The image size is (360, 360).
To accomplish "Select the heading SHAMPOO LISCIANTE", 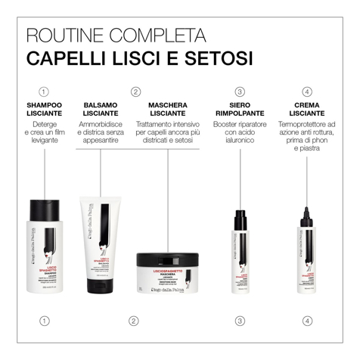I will [x=45, y=109].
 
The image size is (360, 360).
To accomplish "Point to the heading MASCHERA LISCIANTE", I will [x=167, y=109].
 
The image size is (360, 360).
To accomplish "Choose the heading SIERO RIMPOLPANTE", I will [x=240, y=109].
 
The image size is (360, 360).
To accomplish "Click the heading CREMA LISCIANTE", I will [x=307, y=109].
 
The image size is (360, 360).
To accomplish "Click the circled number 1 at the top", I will [x=45, y=92].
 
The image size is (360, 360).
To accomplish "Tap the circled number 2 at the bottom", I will [x=134, y=321].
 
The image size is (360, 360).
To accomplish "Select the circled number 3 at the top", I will [x=240, y=92].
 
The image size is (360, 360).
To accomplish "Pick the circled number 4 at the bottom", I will [x=307, y=321].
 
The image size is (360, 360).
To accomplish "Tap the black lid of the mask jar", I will [x=168, y=262].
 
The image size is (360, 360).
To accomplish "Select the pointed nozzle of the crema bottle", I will [x=307, y=203].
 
